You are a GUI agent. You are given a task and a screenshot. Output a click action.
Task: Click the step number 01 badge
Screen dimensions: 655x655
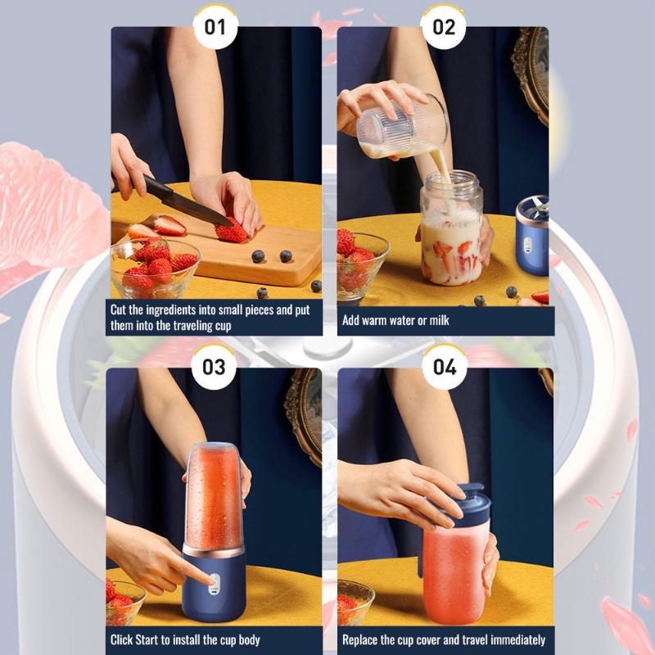coord(215,27)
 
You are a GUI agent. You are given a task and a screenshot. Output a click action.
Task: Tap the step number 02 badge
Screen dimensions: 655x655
coord(443,27)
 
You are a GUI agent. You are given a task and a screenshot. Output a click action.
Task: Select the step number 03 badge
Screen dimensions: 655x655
coord(214,367)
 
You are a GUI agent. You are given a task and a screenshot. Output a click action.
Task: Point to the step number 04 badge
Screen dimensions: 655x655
coord(445,367)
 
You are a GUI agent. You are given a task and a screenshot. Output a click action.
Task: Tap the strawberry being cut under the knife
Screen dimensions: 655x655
coord(231,232)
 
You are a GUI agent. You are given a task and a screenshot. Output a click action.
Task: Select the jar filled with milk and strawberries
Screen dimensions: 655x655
coord(451,228)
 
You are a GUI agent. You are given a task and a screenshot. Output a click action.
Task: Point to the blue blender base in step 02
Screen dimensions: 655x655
coord(532,236)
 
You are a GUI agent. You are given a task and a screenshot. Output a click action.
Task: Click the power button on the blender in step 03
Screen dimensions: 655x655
coord(215,580)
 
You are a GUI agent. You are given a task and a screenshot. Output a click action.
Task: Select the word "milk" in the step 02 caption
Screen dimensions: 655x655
coord(439,320)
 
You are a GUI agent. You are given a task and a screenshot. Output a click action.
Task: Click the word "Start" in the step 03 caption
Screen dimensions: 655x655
coord(147,640)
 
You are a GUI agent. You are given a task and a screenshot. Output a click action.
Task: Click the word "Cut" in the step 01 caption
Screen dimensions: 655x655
coord(118,310)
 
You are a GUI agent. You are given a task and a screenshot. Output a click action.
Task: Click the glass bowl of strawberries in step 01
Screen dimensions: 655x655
coord(156,268)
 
